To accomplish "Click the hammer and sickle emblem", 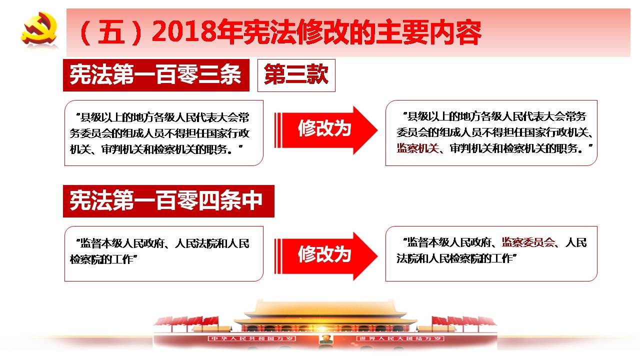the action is (39, 28).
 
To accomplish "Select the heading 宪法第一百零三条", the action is (156, 75).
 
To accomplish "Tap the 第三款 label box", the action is (296, 75).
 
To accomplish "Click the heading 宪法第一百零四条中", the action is (168, 201).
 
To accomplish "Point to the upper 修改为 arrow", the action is (326, 130).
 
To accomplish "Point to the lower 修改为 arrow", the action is (326, 256).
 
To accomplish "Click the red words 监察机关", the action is (417, 148).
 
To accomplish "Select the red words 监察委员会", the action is (528, 242).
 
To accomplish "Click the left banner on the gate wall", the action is (252, 338).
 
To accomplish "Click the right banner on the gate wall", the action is (400, 338).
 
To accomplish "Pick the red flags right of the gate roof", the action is (464, 321).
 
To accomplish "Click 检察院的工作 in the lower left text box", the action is (101, 259).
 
